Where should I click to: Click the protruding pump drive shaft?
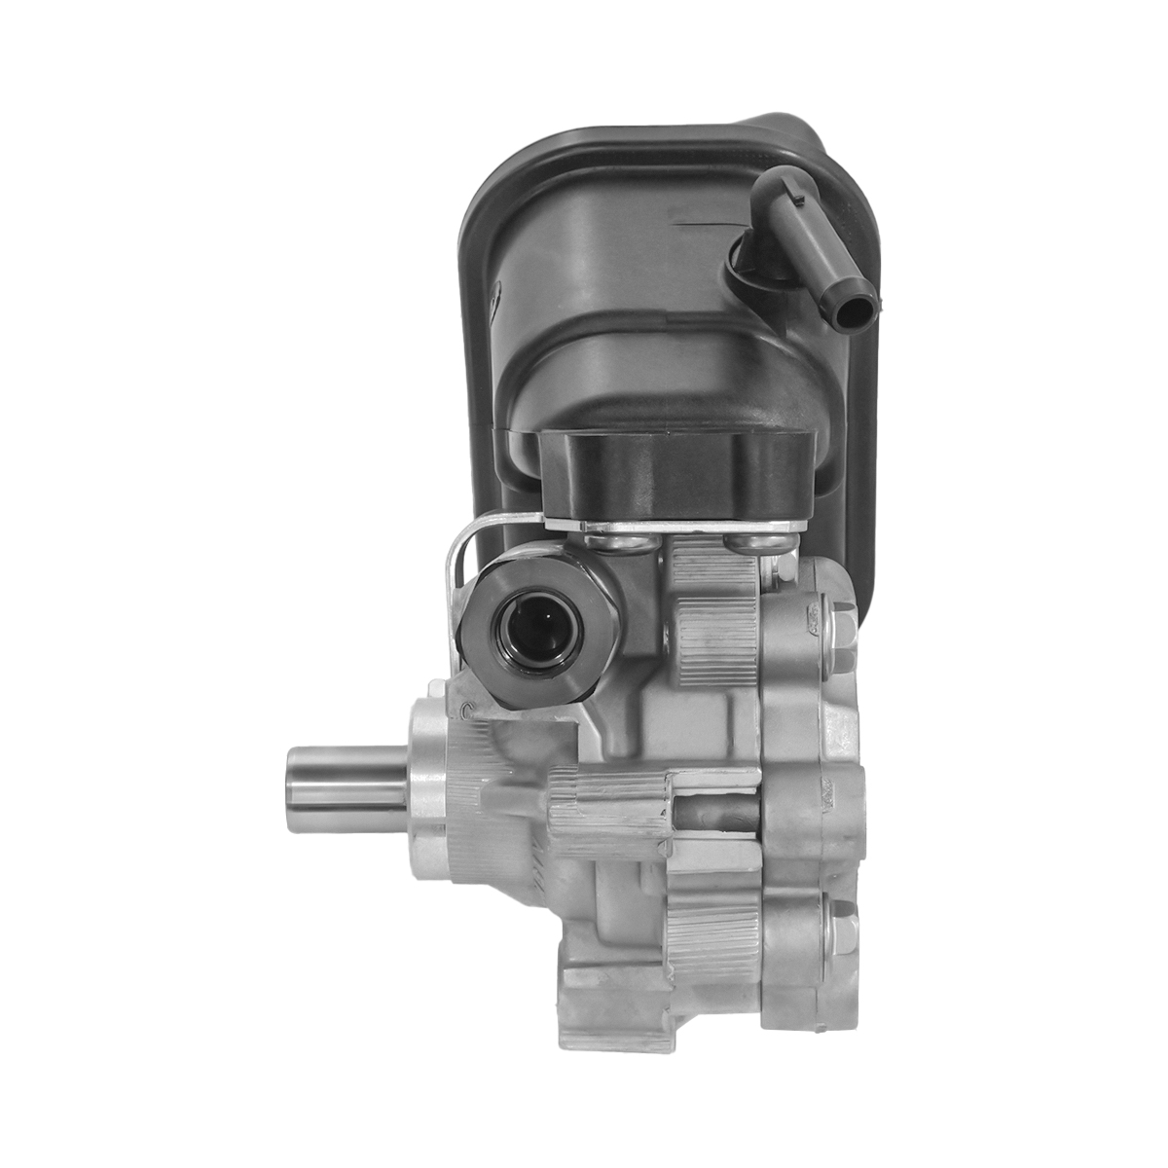point(346,779)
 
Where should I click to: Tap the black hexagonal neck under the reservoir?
point(676,477)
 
